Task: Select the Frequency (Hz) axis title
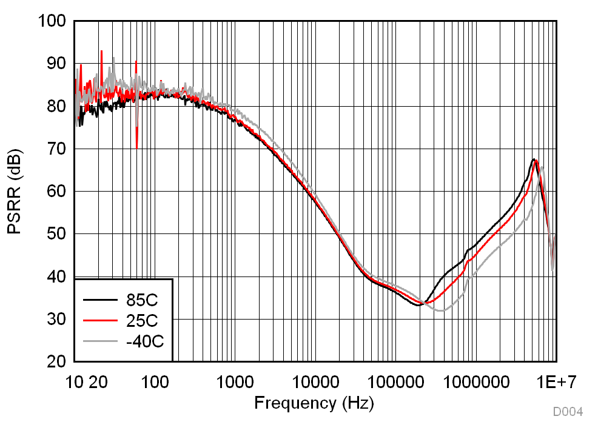(x=314, y=402)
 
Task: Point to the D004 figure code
(x=568, y=412)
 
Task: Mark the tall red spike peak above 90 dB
(x=101, y=51)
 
